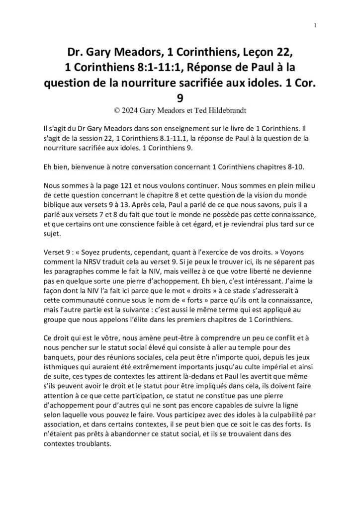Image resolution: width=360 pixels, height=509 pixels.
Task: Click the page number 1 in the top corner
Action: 316,25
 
